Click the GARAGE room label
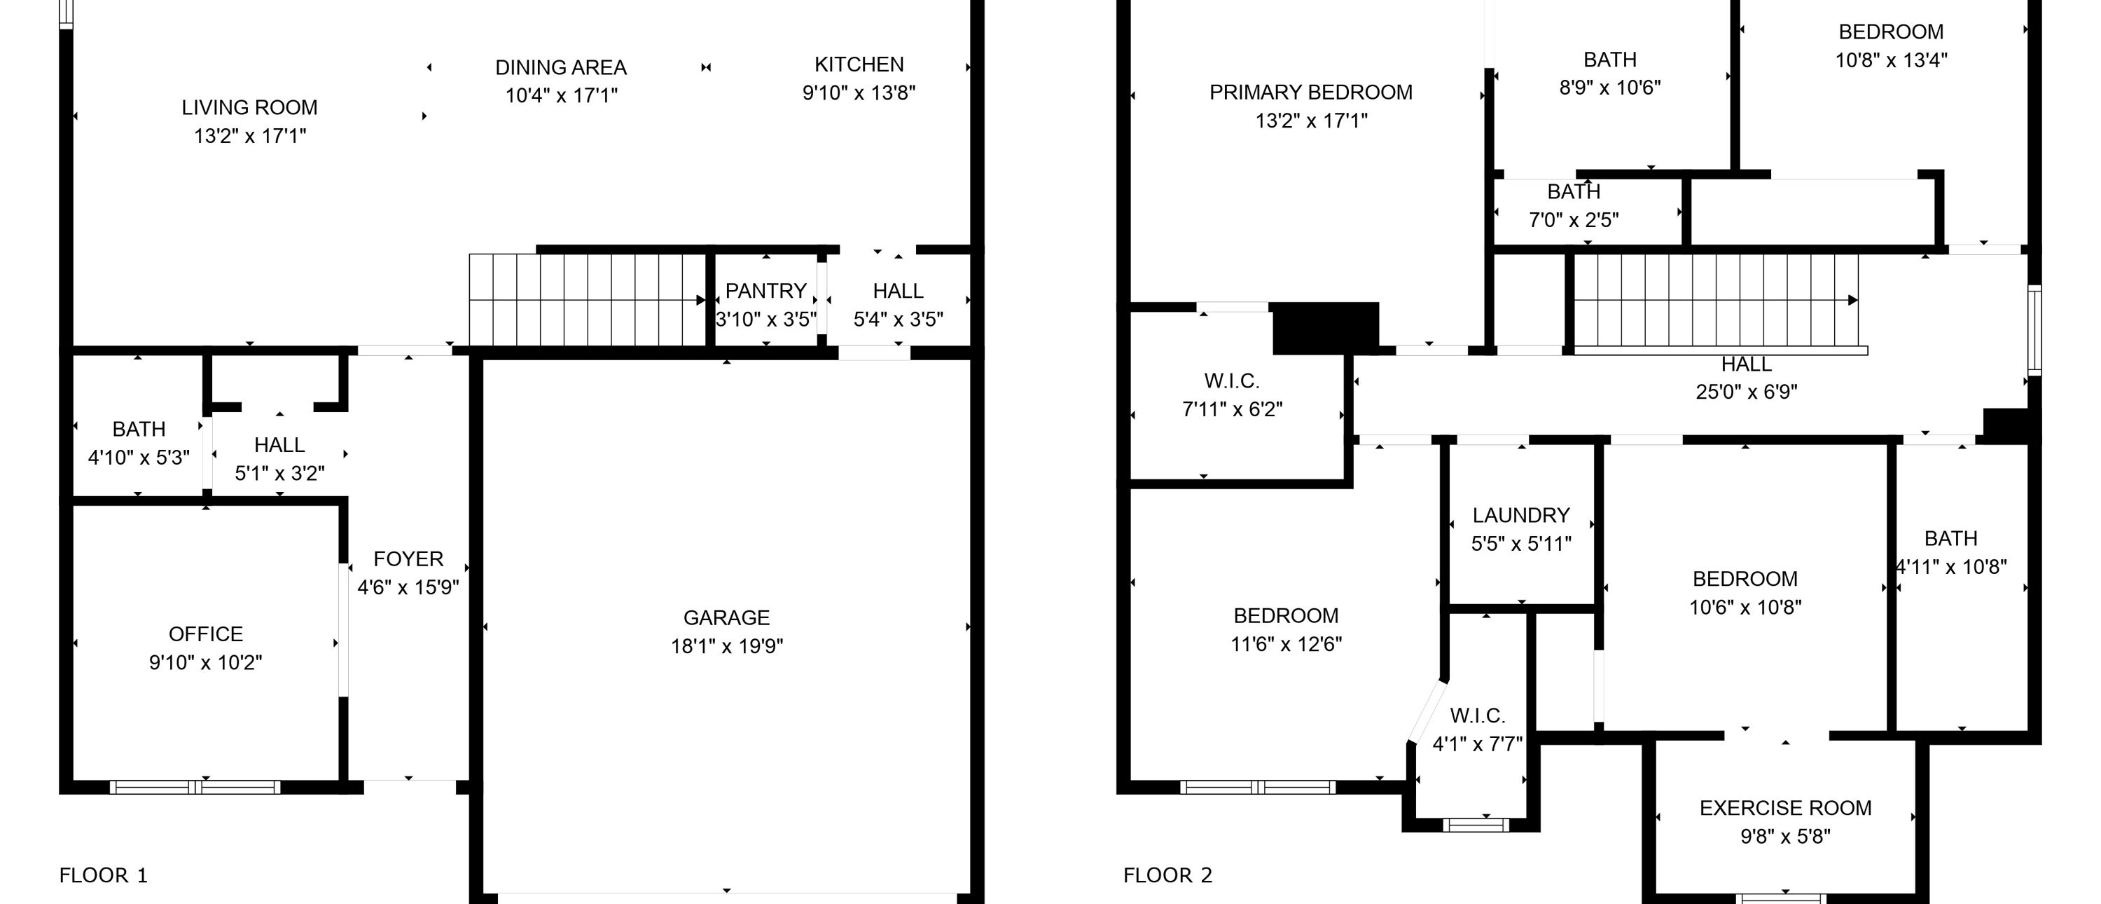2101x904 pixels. point(726,617)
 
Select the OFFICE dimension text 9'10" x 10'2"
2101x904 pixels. point(205,662)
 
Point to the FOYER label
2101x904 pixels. point(408,559)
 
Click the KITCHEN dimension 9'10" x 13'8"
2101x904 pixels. point(859,93)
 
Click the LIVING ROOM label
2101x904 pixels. point(249,107)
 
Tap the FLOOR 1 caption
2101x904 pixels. point(104,875)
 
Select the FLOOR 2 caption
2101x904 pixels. point(1168,875)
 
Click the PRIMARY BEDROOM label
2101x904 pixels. point(1311,93)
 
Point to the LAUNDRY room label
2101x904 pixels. point(1521,515)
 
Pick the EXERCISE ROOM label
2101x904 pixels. point(1785,808)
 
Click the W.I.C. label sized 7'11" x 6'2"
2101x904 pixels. point(1232,381)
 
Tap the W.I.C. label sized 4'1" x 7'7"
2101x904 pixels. point(1477,715)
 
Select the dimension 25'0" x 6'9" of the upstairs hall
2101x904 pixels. point(1746,392)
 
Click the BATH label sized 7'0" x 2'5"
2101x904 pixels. point(1574,192)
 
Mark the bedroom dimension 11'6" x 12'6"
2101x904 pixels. point(1287,644)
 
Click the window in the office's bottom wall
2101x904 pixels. point(195,788)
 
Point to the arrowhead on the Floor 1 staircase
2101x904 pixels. point(700,300)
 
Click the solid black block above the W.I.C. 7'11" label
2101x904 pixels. point(1325,328)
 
